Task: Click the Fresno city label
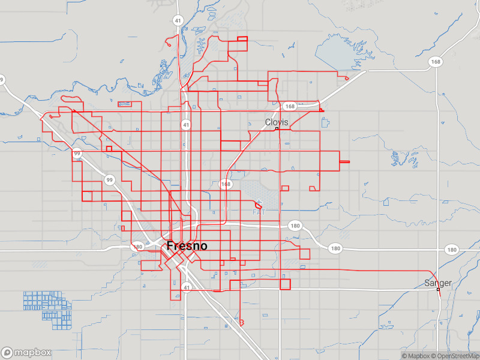pyautogui.click(x=187, y=246)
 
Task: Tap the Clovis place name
pyautogui.click(x=277, y=122)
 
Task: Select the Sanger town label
pyautogui.click(x=438, y=283)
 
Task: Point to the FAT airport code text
pyautogui.click(x=259, y=212)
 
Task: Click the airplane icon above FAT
pyautogui.click(x=259, y=203)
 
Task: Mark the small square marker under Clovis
pyautogui.click(x=277, y=129)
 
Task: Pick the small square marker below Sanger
pyautogui.click(x=438, y=290)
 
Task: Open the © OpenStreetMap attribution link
pyautogui.click(x=458, y=356)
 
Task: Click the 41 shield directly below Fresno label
pyautogui.click(x=187, y=288)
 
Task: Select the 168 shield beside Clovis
pyautogui.click(x=290, y=106)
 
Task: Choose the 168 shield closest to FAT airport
pyautogui.click(x=226, y=184)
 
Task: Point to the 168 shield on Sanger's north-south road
pyautogui.click(x=436, y=62)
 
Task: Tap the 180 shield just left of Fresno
pyautogui.click(x=139, y=247)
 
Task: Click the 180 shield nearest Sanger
pyautogui.click(x=451, y=249)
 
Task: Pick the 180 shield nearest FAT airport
pyautogui.click(x=295, y=226)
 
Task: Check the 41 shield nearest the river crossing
pyautogui.click(x=178, y=20)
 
